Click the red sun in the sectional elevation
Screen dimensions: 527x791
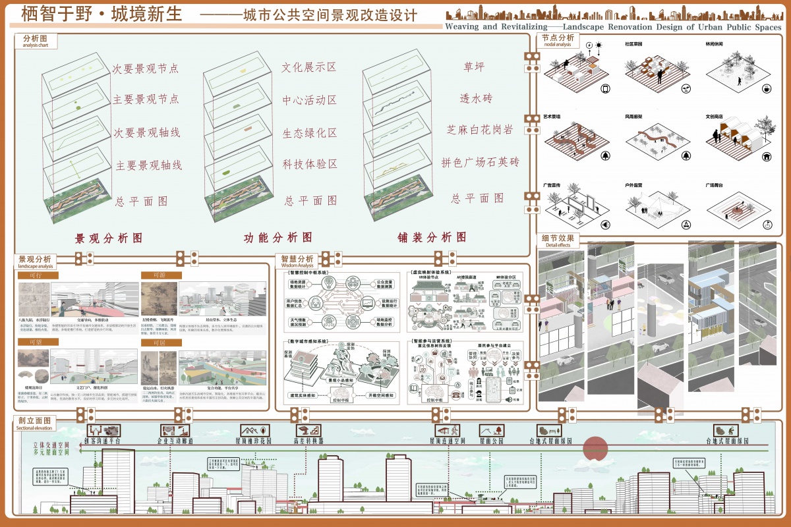(x=595, y=448)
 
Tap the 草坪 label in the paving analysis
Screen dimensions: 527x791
(x=475, y=67)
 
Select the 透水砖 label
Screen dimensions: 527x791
(x=476, y=98)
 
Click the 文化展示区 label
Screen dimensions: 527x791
(x=309, y=67)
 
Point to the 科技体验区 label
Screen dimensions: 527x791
(x=310, y=164)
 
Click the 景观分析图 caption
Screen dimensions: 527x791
(x=109, y=238)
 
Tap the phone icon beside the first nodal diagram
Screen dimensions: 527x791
(x=605, y=89)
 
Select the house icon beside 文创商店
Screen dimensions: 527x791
(x=767, y=157)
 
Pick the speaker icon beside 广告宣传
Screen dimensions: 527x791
(x=605, y=225)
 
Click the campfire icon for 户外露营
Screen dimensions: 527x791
(x=686, y=225)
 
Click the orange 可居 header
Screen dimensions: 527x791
(x=158, y=343)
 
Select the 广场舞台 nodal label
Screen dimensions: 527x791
(x=716, y=186)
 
